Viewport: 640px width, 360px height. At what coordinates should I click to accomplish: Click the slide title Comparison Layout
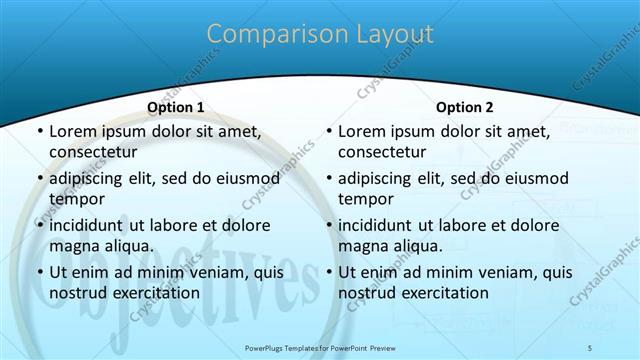(320, 34)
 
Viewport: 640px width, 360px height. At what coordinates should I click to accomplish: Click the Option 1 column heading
(176, 106)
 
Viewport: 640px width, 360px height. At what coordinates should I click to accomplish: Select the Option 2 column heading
(465, 106)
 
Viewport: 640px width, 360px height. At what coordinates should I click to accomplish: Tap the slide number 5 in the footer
(590, 347)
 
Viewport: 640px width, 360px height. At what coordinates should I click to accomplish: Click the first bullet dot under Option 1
(39, 132)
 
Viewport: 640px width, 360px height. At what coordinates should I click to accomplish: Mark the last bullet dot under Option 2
(328, 272)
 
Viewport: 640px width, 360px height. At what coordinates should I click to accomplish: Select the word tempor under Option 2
(366, 200)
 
